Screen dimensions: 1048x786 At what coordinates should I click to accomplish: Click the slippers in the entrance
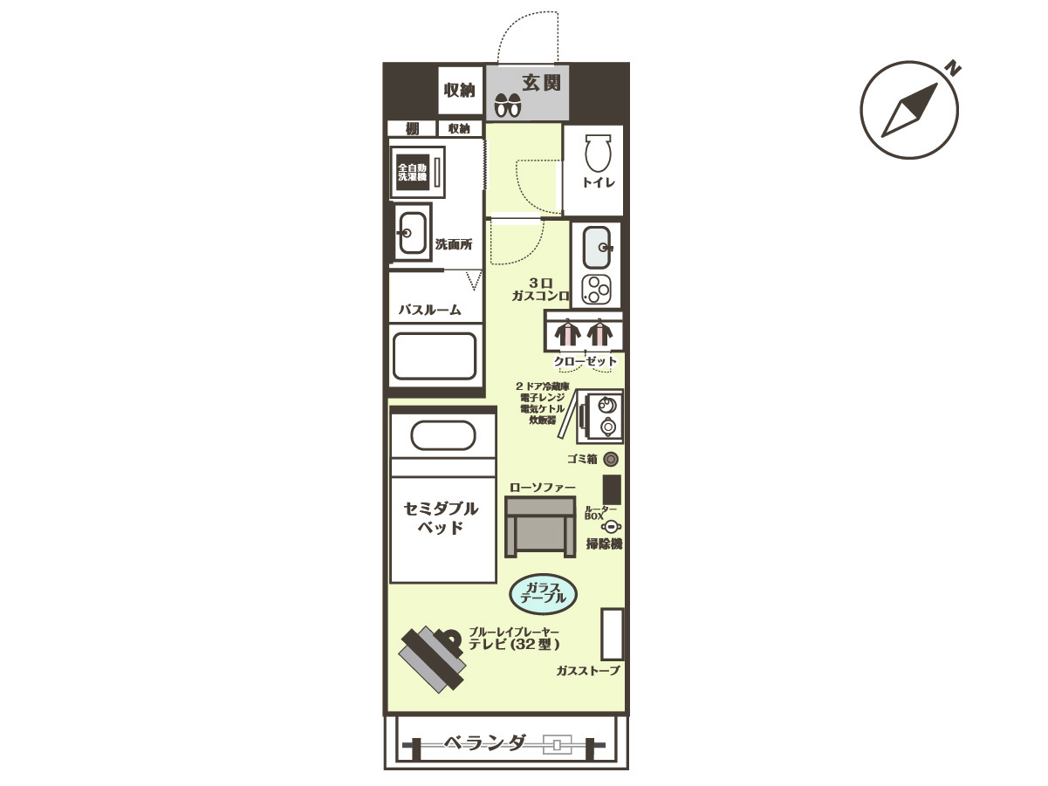point(507,105)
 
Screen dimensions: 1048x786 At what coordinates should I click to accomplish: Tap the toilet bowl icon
point(598,152)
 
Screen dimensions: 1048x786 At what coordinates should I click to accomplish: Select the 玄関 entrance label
point(541,83)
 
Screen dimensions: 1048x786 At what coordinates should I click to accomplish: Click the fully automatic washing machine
point(418,172)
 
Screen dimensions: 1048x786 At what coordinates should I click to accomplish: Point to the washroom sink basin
point(413,233)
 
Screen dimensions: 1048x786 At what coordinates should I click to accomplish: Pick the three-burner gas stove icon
point(596,290)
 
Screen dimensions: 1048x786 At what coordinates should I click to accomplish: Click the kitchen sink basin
point(597,247)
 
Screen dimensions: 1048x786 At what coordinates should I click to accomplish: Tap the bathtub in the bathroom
point(435,356)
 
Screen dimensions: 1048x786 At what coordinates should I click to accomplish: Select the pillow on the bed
point(443,434)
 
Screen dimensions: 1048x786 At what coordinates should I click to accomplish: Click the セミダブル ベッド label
point(441,518)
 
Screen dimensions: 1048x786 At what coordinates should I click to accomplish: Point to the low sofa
point(540,526)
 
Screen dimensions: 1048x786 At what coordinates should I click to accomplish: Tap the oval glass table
point(544,595)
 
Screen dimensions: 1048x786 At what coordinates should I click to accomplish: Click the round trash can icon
point(611,459)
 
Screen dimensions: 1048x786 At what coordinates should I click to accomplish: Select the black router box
point(612,489)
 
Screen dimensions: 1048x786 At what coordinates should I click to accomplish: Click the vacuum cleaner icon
point(611,527)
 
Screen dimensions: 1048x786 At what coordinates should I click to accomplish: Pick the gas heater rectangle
point(612,634)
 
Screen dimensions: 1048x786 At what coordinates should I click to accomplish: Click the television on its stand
point(433,659)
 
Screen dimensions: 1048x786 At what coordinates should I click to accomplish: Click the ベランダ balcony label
point(485,742)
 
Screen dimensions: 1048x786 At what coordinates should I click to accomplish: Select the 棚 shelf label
point(412,129)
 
